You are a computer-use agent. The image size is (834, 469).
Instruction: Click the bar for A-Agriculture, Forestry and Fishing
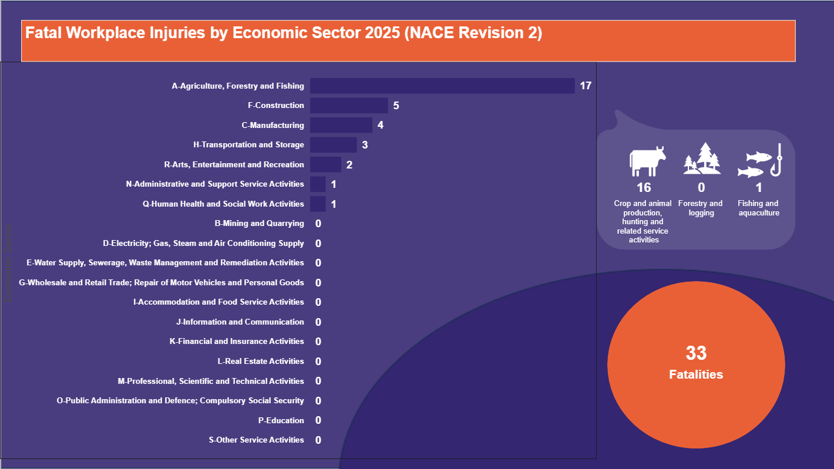[442, 86]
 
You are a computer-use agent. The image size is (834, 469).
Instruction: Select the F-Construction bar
[349, 106]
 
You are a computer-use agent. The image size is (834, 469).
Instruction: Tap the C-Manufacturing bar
[341, 125]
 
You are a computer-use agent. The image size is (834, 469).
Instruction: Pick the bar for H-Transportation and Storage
[333, 145]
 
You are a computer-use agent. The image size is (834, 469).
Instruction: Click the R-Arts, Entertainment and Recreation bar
[325, 165]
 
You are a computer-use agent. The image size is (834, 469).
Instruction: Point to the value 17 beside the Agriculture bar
[586, 86]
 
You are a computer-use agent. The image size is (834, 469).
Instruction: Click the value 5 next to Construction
[396, 106]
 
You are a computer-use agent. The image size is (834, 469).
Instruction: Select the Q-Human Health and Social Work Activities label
[223, 204]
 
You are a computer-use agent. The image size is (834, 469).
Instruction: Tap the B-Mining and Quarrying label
[260, 224]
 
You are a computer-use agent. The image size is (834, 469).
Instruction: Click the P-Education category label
[281, 420]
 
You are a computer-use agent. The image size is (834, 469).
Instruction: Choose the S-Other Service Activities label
[257, 440]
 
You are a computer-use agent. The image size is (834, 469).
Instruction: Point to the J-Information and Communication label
[240, 322]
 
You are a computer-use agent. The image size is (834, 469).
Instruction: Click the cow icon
[647, 161]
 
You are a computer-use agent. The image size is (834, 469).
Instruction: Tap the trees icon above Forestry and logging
[702, 159]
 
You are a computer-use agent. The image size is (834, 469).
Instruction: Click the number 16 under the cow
[644, 188]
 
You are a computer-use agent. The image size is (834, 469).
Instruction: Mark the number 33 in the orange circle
[696, 353]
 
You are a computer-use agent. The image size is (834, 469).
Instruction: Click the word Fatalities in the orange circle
[696, 374]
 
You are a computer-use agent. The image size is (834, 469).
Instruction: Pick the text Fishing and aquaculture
[759, 208]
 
